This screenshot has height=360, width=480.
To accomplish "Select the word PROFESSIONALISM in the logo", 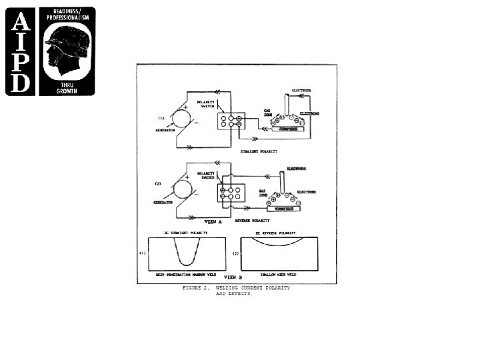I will coord(67,18).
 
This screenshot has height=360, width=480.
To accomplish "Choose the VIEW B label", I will coord(231,275).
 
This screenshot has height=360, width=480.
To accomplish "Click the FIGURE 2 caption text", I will coord(237,288).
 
